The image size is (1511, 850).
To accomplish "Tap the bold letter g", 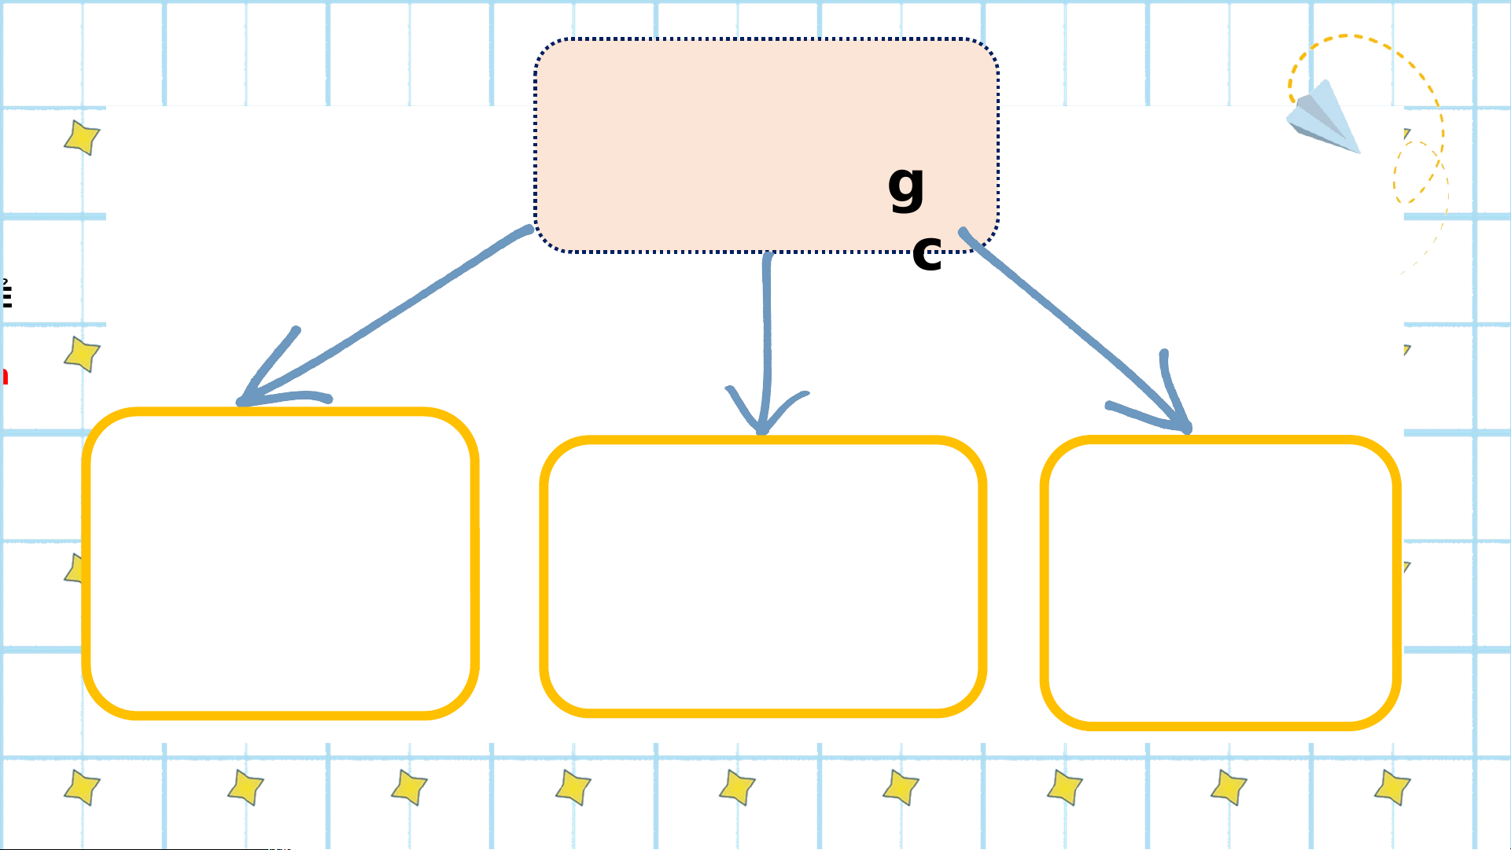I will click(906, 187).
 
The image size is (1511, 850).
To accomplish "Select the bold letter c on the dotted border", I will click(927, 253).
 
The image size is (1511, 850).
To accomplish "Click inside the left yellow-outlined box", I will click(280, 563).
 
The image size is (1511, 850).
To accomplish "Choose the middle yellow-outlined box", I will click(762, 576).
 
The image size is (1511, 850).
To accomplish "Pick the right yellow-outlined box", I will click(1220, 582).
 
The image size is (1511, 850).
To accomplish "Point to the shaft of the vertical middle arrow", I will click(767, 330).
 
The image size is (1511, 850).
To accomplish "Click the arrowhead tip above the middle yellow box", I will click(761, 430).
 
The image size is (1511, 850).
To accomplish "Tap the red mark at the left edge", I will click(4, 376).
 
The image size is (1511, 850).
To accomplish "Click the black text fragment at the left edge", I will click(6, 294).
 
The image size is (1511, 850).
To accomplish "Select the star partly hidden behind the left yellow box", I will click(75, 568).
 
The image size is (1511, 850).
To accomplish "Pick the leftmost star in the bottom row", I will click(82, 787).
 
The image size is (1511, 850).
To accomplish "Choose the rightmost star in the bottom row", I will click(1392, 787).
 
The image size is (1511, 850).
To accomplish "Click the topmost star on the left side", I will click(82, 138).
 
